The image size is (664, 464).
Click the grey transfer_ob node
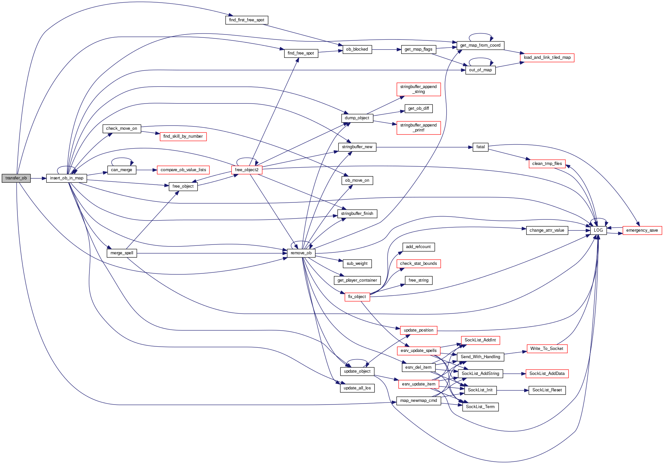[16, 178]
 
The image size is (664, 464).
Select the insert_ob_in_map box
[66, 178]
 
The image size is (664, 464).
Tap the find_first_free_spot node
[247, 20]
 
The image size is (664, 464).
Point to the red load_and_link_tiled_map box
[547, 58]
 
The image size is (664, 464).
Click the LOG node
[598, 230]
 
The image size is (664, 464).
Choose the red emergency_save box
[642, 230]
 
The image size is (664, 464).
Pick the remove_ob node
[301, 253]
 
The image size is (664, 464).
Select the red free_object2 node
[247, 170]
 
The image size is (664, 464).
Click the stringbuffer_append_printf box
[418, 128]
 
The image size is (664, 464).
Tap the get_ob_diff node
[418, 108]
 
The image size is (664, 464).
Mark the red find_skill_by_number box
[183, 136]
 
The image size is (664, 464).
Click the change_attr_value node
[547, 230]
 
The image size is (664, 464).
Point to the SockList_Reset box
[547, 390]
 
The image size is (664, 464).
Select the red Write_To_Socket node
[547, 349]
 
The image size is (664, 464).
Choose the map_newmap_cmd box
[418, 401]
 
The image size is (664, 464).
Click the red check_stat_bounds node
[418, 264]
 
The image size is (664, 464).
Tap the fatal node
[480, 147]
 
